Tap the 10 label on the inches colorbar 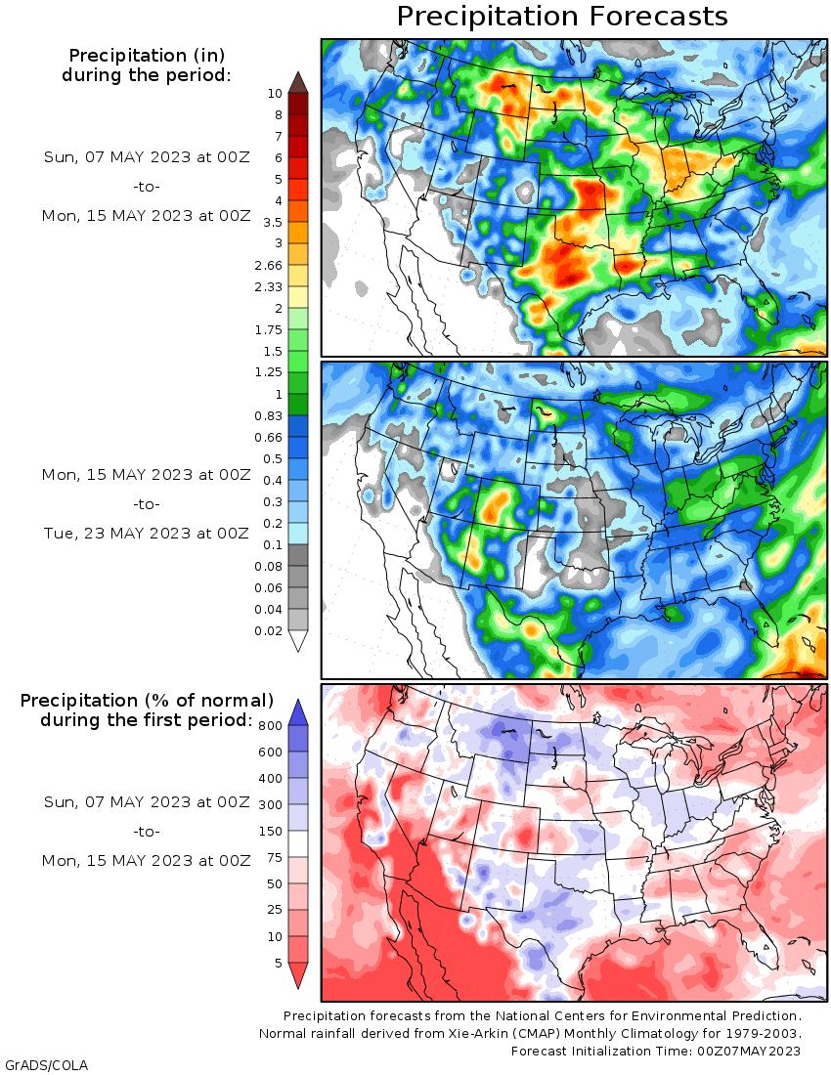[x=275, y=93]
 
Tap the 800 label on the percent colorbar [x=271, y=725]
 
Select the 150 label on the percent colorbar [x=271, y=832]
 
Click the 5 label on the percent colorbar [x=278, y=963]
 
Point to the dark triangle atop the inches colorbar [x=298, y=81]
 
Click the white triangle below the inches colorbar [x=298, y=641]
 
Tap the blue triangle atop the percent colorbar [x=298, y=711]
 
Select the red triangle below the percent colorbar [x=298, y=975]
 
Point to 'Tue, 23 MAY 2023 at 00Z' [x=147, y=534]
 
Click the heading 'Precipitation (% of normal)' [x=147, y=701]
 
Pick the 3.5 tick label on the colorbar [x=272, y=222]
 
